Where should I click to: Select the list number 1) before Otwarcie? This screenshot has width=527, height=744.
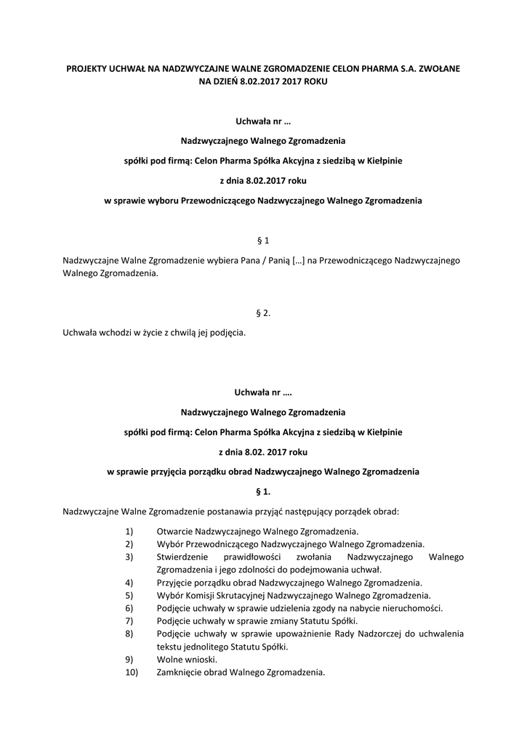pos(129,531)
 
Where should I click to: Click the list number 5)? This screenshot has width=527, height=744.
pos(129,595)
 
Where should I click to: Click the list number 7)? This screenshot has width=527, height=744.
pos(129,620)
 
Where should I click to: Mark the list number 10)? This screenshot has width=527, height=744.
pos(131,672)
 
